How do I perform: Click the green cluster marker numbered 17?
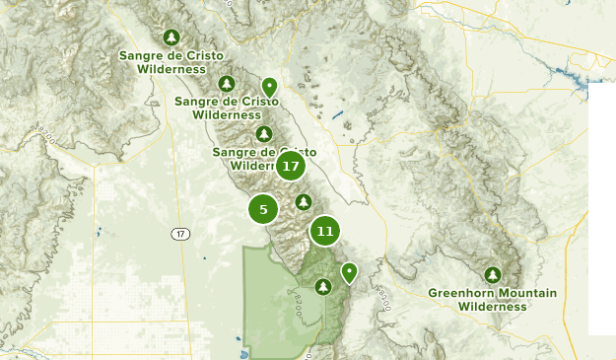point(290,166)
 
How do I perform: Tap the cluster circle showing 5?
point(263,209)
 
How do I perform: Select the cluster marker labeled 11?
point(325,232)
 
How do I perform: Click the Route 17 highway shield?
point(178,234)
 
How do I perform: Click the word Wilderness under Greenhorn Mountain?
point(493,307)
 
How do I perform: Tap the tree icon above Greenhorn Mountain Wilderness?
point(493,274)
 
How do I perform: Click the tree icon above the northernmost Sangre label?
point(172,37)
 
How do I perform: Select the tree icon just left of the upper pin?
point(227,84)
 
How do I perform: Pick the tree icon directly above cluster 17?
point(263,133)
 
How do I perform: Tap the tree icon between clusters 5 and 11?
point(304,202)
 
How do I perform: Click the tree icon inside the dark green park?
point(322,287)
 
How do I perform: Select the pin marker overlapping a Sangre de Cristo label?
point(269,88)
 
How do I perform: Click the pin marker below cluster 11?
point(349,271)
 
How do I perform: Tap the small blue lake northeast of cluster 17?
point(338,116)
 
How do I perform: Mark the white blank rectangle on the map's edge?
point(601,207)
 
